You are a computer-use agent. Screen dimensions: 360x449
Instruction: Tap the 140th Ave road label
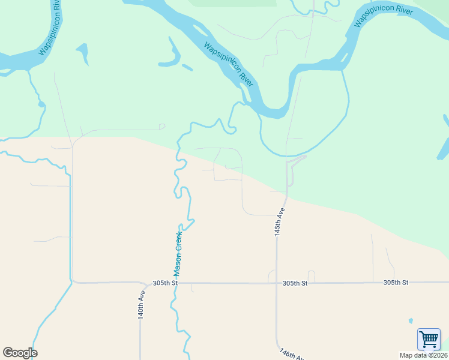pos(142,305)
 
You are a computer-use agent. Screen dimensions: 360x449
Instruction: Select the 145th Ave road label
pos(279,222)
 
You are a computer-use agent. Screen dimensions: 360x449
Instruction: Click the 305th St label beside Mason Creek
pos(166,283)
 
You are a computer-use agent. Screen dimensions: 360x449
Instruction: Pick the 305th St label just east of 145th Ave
pos(295,283)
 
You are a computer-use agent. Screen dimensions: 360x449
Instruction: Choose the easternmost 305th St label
pos(396,282)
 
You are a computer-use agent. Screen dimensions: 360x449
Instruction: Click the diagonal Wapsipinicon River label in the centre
pos(229,65)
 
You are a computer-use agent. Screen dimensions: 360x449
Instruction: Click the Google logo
pos(20,353)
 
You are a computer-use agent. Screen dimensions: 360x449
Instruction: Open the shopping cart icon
pos(429,339)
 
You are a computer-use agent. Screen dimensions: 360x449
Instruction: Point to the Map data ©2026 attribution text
pos(423,355)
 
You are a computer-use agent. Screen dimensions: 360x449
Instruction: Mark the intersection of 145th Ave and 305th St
pos(277,283)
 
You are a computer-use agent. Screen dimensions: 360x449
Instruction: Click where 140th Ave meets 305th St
pos(142,283)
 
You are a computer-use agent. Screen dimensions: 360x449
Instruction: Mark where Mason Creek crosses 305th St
pos(176,283)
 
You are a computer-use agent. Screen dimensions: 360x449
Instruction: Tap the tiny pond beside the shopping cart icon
pos(411,320)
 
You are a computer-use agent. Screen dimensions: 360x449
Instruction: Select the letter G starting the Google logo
pos(8,353)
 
